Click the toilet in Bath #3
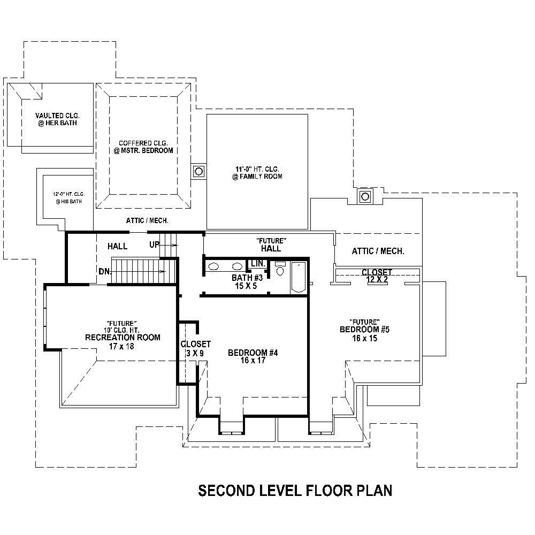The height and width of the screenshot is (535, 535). (x=280, y=269)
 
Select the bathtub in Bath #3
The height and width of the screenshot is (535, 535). (x=299, y=277)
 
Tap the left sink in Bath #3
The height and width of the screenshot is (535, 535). (x=213, y=266)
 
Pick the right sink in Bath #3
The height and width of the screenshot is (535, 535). (x=236, y=266)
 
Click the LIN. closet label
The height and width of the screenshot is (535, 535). (x=258, y=264)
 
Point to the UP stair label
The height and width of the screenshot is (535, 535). (x=154, y=244)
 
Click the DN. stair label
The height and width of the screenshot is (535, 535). (x=105, y=271)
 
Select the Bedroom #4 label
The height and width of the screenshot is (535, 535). (x=253, y=353)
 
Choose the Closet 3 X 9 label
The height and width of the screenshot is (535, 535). (x=195, y=348)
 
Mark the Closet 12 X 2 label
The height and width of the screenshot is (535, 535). (x=377, y=276)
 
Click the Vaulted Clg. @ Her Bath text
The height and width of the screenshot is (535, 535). (x=56, y=119)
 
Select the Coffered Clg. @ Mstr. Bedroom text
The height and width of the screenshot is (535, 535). (x=143, y=147)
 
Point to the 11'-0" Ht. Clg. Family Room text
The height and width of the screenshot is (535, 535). (x=257, y=172)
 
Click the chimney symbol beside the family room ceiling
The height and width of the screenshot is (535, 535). (x=198, y=172)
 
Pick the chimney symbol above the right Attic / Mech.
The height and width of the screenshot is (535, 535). (x=365, y=196)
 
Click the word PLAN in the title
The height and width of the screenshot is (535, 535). (x=372, y=491)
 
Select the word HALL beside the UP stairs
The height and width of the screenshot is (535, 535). (x=117, y=246)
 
